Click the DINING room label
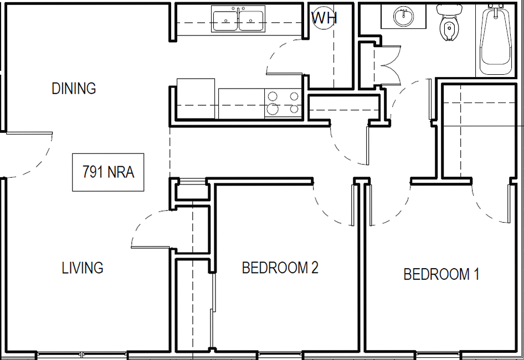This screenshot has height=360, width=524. tap(74, 89)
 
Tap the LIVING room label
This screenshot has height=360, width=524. tap(83, 268)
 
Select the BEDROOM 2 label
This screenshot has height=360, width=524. tap(280, 268)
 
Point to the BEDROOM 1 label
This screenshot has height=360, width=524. tap(441, 274)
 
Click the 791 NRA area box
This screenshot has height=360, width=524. tap(108, 172)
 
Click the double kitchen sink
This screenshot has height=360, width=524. tap(238, 19)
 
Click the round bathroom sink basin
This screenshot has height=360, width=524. tap(403, 17)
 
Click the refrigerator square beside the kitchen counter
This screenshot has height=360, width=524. tap(196, 99)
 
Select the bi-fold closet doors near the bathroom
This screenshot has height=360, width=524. tap(389, 65)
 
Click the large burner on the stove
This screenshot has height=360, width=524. tap(273, 109)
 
